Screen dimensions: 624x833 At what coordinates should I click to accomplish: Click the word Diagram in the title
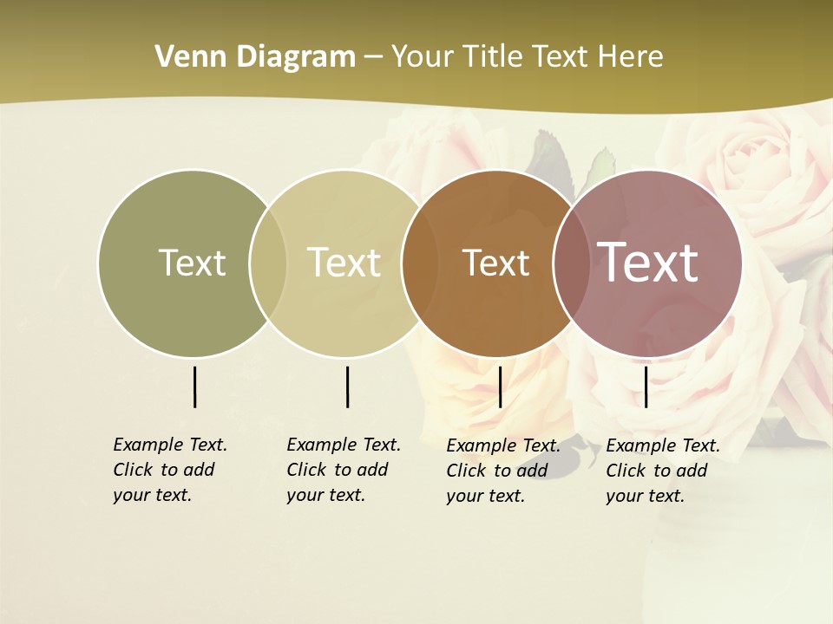[x=295, y=57]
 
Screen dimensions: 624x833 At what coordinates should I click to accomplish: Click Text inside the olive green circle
[x=192, y=263]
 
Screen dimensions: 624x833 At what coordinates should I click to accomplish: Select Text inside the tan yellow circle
[x=344, y=263]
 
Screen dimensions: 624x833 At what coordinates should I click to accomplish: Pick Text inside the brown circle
[x=495, y=263]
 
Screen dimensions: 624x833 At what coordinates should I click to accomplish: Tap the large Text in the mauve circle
[x=648, y=263]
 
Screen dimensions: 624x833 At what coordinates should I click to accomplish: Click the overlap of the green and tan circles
[x=268, y=263]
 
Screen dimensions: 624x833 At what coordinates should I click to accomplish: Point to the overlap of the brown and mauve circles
[x=572, y=263]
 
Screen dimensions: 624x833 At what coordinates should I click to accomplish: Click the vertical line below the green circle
[x=194, y=387]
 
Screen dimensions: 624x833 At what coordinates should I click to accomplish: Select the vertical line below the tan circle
[x=347, y=387]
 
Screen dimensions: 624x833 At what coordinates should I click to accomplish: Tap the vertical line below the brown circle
[x=500, y=387]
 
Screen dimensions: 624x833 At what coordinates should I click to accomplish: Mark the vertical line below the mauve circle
[x=646, y=387]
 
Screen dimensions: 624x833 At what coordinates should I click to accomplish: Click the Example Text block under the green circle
[x=169, y=470]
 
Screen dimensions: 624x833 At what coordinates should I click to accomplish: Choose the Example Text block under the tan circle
[x=343, y=470]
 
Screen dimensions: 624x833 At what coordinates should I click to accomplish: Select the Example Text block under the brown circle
[x=502, y=471]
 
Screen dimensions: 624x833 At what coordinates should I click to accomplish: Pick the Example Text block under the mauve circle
[x=662, y=471]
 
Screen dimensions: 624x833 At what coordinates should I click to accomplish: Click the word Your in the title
[x=423, y=57]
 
